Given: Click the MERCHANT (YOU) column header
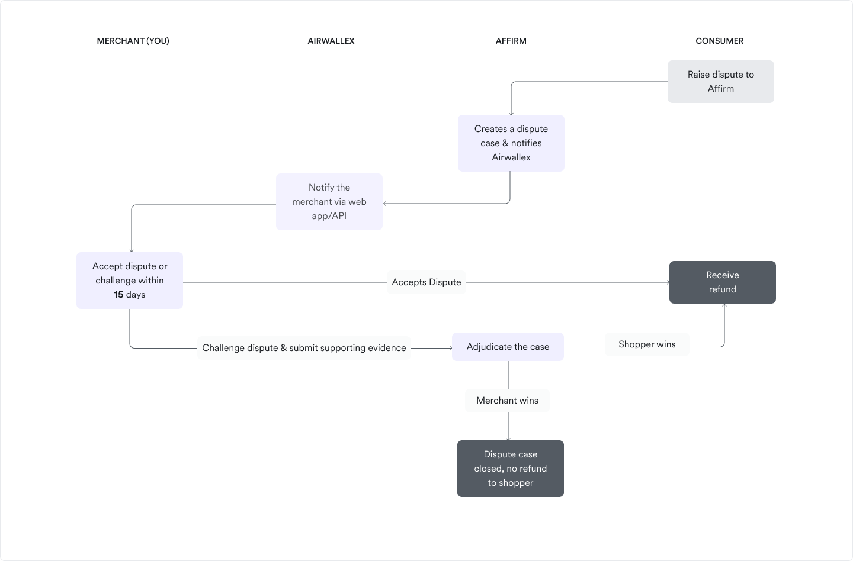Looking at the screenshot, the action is click(x=133, y=41).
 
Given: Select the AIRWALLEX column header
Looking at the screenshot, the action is click(x=331, y=41).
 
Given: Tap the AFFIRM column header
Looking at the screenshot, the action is click(x=511, y=41).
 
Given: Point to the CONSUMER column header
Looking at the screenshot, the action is click(x=719, y=41).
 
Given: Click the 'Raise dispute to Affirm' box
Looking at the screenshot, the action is click(x=720, y=82).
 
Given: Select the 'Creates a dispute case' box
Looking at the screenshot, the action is click(x=511, y=143).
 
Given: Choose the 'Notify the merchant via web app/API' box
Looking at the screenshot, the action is click(x=329, y=202).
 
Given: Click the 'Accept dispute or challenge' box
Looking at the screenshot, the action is click(x=130, y=280).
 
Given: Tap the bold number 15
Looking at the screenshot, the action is click(x=119, y=294).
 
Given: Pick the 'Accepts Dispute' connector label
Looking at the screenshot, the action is click(x=426, y=282).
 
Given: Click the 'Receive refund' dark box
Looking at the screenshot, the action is click(x=723, y=282).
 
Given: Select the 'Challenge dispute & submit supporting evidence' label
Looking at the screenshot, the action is click(x=304, y=347).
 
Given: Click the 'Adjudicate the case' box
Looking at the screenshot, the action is click(x=508, y=347).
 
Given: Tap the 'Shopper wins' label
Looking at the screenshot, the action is click(x=647, y=344).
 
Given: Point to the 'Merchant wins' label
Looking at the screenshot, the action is click(x=507, y=401).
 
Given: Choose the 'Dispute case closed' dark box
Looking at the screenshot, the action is click(x=510, y=469).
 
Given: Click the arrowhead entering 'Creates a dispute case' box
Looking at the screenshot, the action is click(x=511, y=114).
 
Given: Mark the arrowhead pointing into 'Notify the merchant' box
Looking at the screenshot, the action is click(x=384, y=204).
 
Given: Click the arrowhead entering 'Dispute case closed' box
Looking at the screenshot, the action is click(x=508, y=439).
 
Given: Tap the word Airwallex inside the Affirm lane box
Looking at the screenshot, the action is click(x=511, y=157).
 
